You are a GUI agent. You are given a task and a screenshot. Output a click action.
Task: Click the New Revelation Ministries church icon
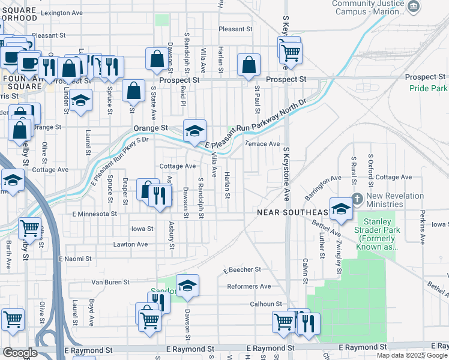click(357, 199)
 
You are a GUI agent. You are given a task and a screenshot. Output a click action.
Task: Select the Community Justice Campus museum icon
click(414, 7)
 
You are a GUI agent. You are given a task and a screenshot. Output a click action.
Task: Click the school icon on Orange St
click(194, 131)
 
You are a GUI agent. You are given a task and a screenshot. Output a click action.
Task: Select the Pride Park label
click(429, 88)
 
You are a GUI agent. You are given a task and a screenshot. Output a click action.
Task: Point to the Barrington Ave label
click(322, 183)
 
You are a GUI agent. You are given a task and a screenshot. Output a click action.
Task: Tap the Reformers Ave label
click(249, 286)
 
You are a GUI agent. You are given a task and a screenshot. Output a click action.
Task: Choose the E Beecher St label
click(243, 270)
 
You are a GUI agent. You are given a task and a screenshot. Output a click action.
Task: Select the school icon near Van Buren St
click(187, 286)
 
